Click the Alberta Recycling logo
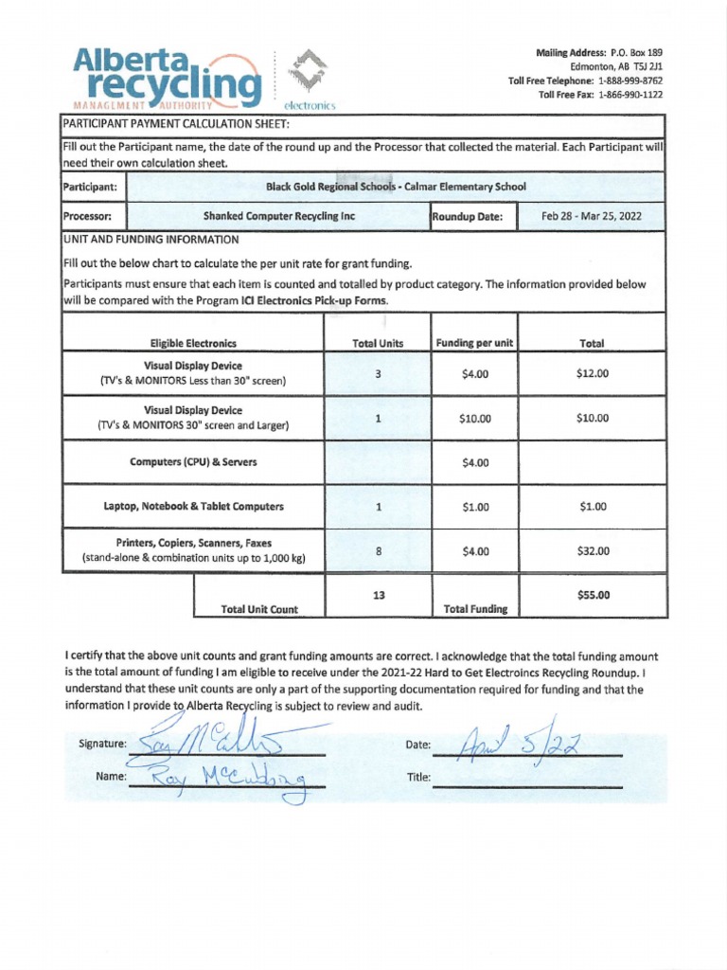click(x=167, y=78)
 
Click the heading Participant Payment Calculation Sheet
click(x=175, y=124)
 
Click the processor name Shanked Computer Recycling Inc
click(x=278, y=216)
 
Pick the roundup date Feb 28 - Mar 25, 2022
click(x=591, y=216)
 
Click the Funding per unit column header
click(x=473, y=343)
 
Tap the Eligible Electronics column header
click(x=193, y=343)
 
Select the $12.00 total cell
click(x=592, y=373)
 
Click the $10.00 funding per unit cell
click(x=474, y=419)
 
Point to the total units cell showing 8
click(x=378, y=551)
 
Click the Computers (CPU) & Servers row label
click(x=193, y=462)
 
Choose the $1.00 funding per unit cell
click(x=474, y=507)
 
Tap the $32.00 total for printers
click(x=592, y=551)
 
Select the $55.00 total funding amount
click(x=593, y=595)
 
